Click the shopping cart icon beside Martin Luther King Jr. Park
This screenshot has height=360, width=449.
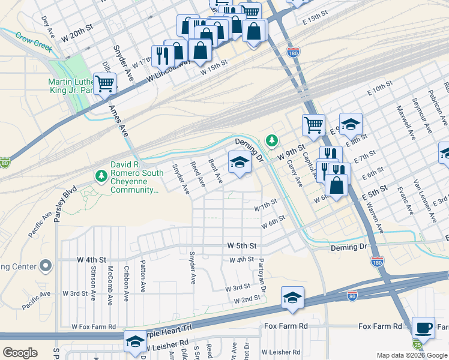tap(104, 83)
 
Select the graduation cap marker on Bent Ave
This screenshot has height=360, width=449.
tap(240, 162)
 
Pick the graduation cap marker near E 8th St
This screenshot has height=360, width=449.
tap(351, 124)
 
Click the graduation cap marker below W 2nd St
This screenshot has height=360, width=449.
tap(292, 298)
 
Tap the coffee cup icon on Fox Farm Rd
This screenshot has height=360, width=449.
tap(424, 327)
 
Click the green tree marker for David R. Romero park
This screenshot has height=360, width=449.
tap(100, 175)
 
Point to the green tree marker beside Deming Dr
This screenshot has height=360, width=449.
tap(273, 140)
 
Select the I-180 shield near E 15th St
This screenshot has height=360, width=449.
tap(294, 52)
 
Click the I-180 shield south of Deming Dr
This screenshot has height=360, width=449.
tap(377, 262)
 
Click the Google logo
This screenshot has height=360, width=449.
tap(20, 352)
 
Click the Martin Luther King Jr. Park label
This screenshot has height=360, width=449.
tap(69, 86)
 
